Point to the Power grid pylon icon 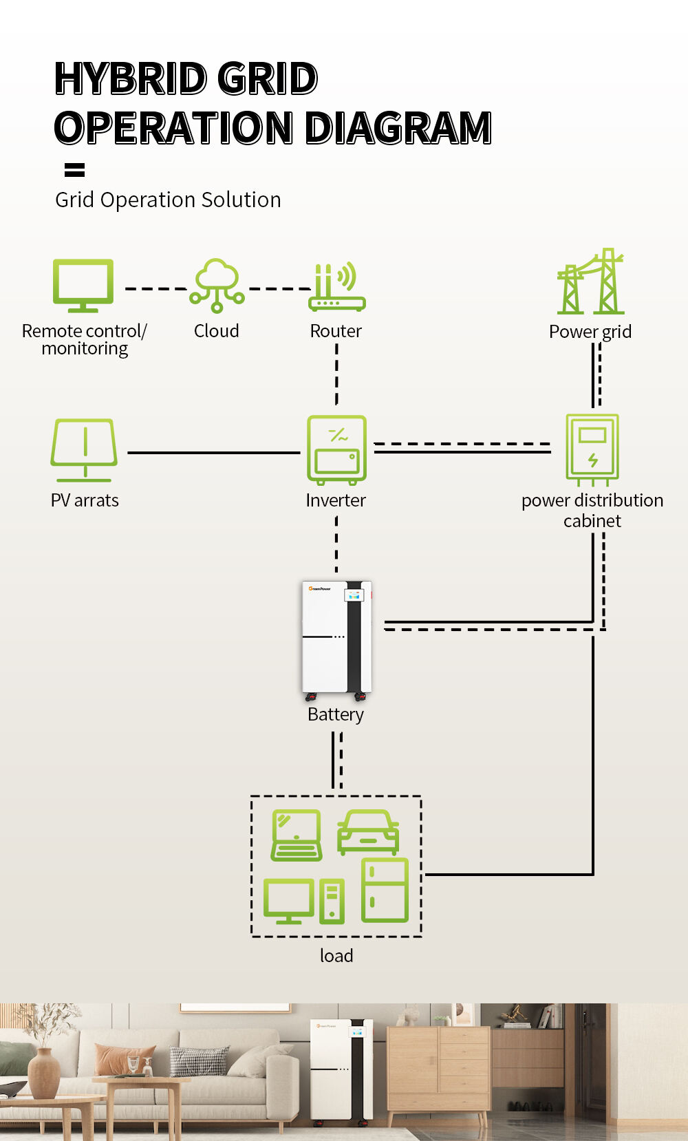(590, 283)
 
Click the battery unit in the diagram (336, 637)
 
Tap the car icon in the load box (368, 832)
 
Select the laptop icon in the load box (297, 835)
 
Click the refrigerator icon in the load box (385, 890)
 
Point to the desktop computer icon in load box (303, 901)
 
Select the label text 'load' (336, 956)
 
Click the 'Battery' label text (336, 714)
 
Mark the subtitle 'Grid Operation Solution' (168, 200)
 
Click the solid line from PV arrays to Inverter (213, 453)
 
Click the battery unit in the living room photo (342, 1069)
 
